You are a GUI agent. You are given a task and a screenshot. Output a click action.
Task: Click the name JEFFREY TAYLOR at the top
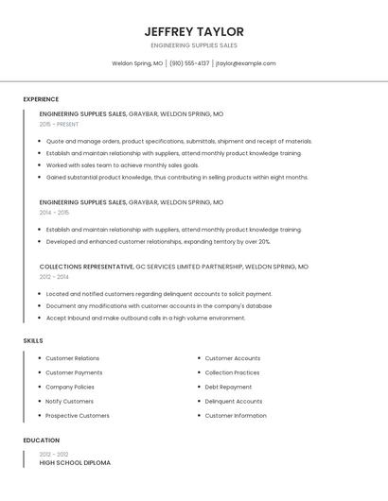pyautogui.click(x=194, y=31)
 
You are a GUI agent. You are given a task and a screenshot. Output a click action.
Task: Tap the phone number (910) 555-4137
pyautogui.click(x=189, y=63)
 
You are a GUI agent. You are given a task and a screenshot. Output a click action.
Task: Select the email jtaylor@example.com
pyautogui.click(x=245, y=63)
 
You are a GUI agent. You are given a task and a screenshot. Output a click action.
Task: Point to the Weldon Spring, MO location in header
pyautogui.click(x=137, y=63)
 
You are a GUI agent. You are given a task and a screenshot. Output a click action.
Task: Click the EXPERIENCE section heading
pyautogui.click(x=41, y=99)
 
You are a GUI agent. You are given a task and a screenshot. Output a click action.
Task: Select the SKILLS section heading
pyautogui.click(x=32, y=340)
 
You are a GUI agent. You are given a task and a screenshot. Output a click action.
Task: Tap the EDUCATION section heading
pyautogui.click(x=41, y=441)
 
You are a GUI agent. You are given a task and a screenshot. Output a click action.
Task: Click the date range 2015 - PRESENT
pyautogui.click(x=59, y=124)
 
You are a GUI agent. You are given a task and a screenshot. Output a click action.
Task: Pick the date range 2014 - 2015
pyautogui.click(x=54, y=213)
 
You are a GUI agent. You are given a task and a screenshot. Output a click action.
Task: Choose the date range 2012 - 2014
pyautogui.click(x=54, y=277)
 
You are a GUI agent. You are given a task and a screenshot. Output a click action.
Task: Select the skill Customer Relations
pyautogui.click(x=72, y=358)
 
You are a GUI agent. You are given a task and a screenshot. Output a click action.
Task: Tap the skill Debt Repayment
pyautogui.click(x=228, y=387)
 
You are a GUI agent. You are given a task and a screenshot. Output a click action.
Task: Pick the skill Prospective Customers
pyautogui.click(x=77, y=415)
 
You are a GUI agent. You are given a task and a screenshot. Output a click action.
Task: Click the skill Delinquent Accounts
pyautogui.click(x=233, y=401)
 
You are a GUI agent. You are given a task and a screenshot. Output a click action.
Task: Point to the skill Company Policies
pyautogui.click(x=70, y=387)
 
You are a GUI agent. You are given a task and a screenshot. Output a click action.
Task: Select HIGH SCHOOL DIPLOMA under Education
pyautogui.click(x=75, y=462)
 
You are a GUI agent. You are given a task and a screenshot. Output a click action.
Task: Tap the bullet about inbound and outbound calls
pyautogui.click(x=145, y=318)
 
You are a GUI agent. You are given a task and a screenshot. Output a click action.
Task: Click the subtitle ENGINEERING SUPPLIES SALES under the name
pyautogui.click(x=194, y=45)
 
